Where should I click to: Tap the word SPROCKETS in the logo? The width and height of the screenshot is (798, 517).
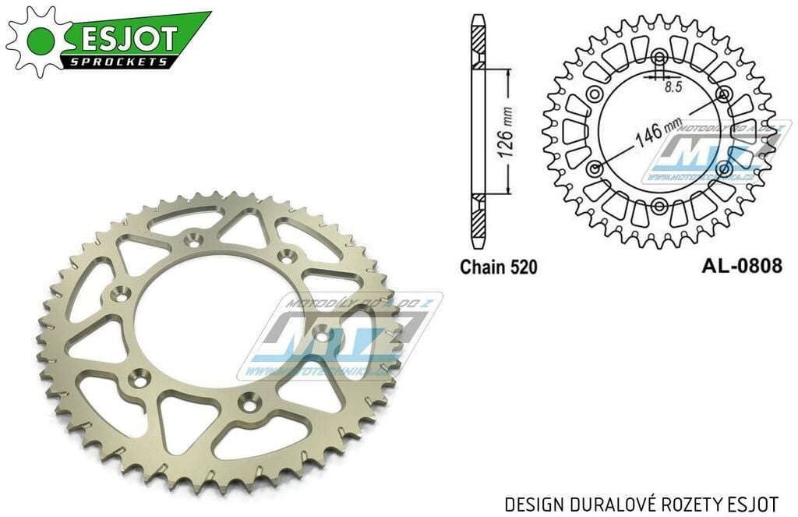pos(117,61)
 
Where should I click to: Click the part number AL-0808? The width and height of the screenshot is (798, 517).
pos(741,266)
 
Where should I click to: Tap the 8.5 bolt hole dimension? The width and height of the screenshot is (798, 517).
pos(673,87)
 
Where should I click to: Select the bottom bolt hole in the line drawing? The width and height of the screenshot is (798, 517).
pos(660,205)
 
